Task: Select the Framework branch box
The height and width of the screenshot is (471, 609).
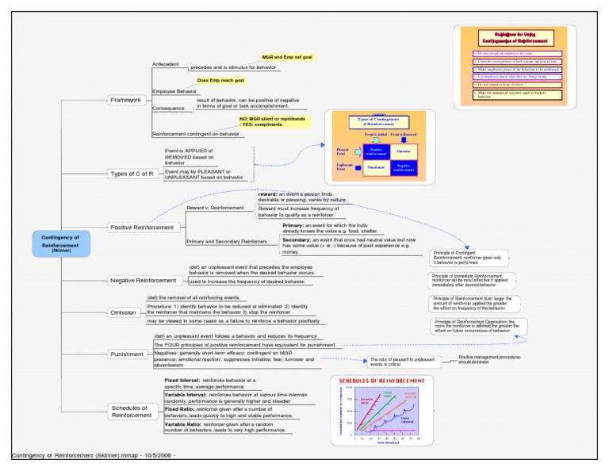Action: pos(126,100)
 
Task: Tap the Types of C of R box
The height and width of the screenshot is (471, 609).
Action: pos(131,174)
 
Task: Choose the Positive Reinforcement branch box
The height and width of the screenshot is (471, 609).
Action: pos(142,228)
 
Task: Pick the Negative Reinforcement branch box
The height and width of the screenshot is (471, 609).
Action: pos(144,281)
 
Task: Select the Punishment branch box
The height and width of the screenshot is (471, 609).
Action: pos(127,354)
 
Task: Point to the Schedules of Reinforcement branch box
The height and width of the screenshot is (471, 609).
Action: pos(131,412)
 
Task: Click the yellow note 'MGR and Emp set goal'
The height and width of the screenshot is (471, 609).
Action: pos(288,58)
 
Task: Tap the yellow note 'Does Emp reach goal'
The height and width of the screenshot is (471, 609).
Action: pos(221,80)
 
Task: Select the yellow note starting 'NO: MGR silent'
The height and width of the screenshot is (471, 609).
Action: pos(272,121)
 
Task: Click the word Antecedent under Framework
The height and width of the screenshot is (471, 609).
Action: pos(166,63)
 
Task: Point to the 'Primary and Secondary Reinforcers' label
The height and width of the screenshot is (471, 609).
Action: pos(226,241)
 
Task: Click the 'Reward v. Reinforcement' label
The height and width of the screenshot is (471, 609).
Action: pos(215,208)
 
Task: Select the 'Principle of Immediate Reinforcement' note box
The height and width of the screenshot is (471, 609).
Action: pos(473,279)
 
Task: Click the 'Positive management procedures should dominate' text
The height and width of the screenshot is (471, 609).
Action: pos(489,359)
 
